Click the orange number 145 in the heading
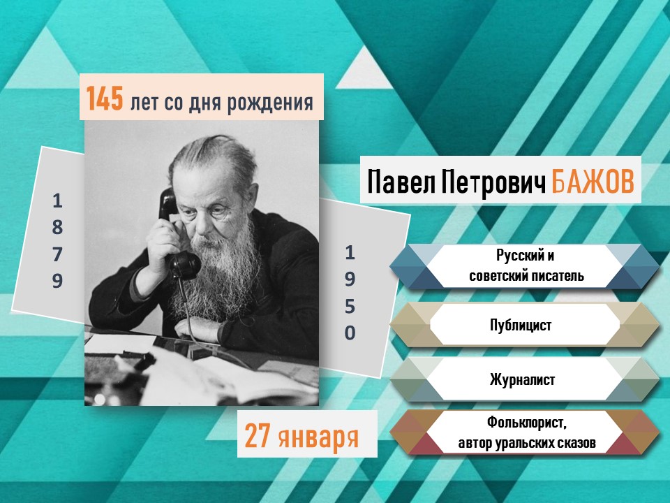point(105,99)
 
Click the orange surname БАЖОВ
point(593,182)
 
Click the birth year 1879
point(58,241)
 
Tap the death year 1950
point(350,293)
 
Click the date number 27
point(258,435)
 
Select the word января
point(318,437)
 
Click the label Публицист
point(521,325)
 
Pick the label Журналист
point(522,379)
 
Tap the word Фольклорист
point(526,423)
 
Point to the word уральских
point(523,443)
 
